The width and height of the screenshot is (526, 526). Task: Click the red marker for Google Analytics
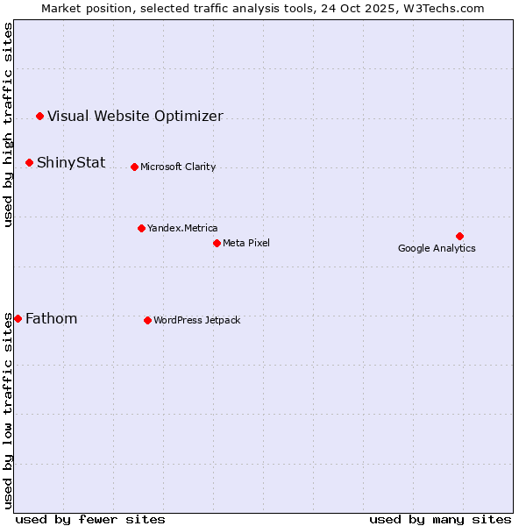coord(459,236)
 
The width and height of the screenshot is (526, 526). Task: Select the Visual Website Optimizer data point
coord(39,116)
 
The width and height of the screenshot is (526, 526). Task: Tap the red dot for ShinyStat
coord(29,162)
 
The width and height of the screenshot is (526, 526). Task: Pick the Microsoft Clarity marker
coord(134,167)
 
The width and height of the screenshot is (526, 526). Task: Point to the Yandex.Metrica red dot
coord(141,228)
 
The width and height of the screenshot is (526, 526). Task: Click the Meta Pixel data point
coord(217,243)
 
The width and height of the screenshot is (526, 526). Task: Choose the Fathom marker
coord(18,318)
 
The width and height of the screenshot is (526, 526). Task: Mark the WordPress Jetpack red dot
coord(147,320)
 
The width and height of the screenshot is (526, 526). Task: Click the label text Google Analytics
coord(437,248)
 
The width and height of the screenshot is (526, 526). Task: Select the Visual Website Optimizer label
coord(135,116)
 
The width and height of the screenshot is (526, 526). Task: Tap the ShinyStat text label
coord(71,162)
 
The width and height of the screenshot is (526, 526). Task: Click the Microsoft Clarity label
coord(178,167)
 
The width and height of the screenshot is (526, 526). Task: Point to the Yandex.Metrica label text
coord(182,228)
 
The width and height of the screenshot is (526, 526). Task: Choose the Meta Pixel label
coord(246,243)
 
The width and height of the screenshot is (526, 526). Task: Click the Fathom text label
coord(51,318)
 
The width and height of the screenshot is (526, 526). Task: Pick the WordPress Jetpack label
coord(196,320)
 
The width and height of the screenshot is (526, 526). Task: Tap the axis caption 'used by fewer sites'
coord(90,519)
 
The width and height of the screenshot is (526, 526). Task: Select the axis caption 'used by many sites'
coord(440,519)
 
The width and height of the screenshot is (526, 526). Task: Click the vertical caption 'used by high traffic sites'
coord(8,124)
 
